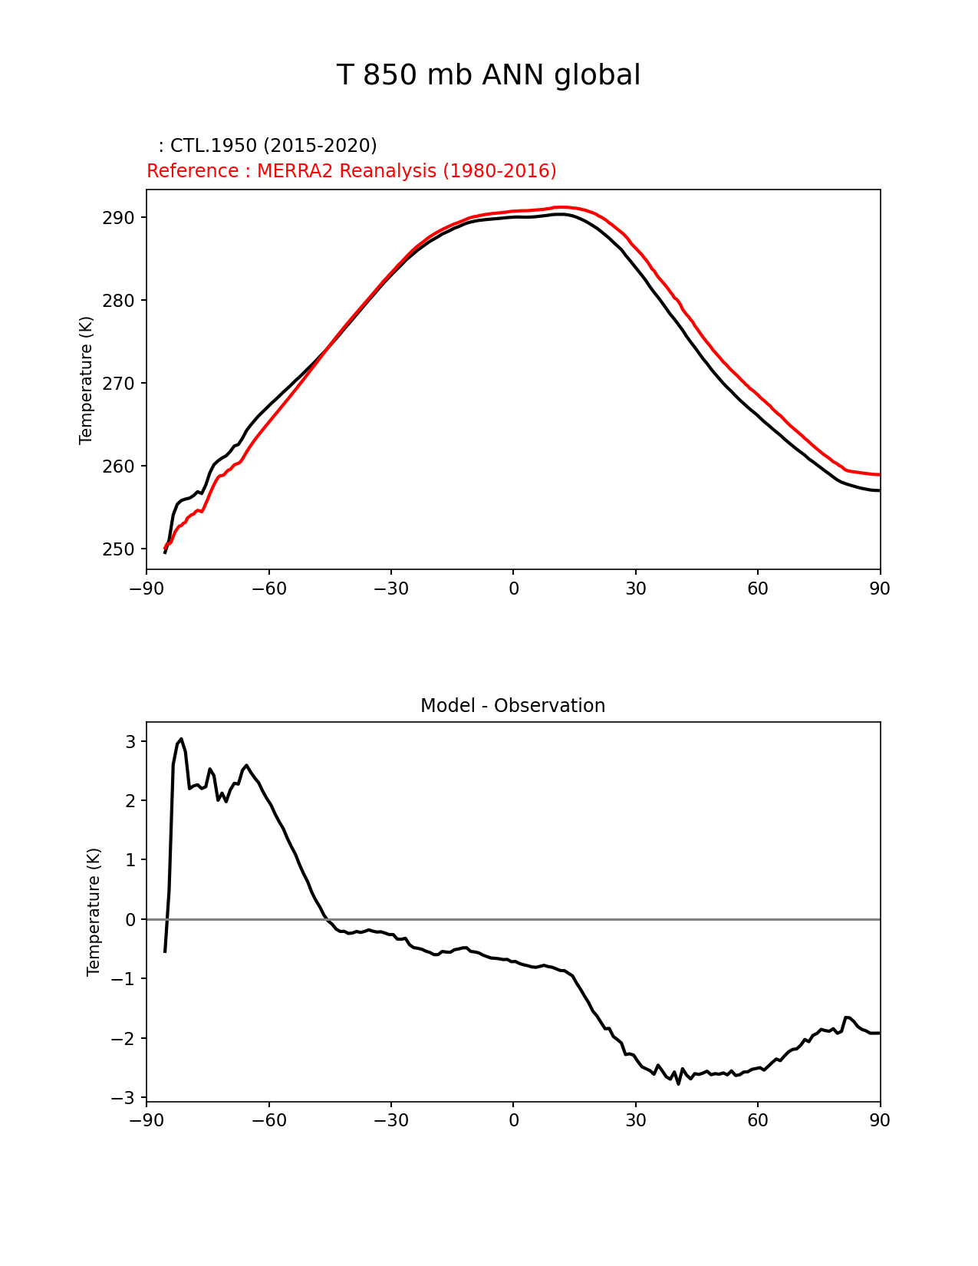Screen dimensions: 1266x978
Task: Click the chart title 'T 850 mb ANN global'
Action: (x=488, y=75)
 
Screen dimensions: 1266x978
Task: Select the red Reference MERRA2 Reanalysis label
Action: (x=351, y=171)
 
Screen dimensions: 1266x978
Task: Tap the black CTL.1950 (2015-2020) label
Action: (x=268, y=146)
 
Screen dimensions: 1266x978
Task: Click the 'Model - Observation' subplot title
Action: (x=512, y=706)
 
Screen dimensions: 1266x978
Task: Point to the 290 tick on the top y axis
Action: (x=118, y=218)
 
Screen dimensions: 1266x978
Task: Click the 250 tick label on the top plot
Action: (x=118, y=549)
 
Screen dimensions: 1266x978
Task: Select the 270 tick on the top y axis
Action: (x=118, y=384)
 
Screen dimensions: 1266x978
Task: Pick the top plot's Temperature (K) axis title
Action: (x=86, y=380)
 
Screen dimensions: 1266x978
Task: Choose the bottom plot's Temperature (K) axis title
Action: (x=94, y=912)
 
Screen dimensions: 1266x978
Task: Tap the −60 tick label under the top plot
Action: (x=268, y=588)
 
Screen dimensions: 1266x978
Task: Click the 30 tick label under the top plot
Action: (x=636, y=588)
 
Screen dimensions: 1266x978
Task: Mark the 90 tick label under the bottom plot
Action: (x=880, y=1120)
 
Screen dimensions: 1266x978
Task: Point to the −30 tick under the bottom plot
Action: (x=390, y=1120)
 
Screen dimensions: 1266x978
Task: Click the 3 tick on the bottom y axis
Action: (x=130, y=742)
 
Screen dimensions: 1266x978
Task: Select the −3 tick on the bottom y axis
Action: (x=127, y=1098)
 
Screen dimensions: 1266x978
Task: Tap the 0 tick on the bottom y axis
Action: (x=130, y=919)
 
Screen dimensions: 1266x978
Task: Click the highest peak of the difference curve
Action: (x=181, y=739)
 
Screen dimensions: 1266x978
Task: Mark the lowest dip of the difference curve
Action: (x=678, y=1083)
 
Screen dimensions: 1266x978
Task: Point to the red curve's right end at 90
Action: (x=879, y=475)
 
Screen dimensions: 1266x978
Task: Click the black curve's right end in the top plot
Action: (x=879, y=490)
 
